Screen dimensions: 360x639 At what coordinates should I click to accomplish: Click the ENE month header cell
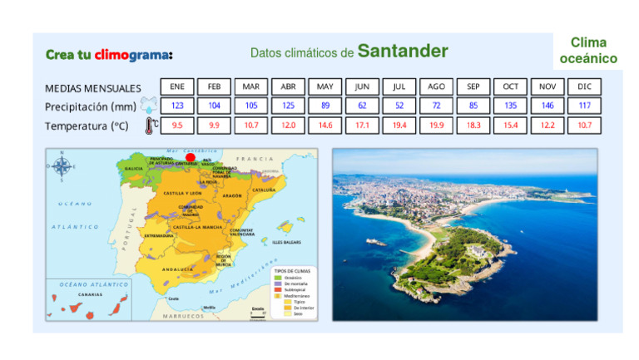pyautogui.click(x=177, y=86)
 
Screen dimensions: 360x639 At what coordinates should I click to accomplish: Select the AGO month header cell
pyautogui.click(x=437, y=86)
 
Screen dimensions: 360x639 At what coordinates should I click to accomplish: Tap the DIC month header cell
pyautogui.click(x=584, y=86)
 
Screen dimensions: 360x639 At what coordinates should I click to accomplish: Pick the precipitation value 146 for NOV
pyautogui.click(x=547, y=106)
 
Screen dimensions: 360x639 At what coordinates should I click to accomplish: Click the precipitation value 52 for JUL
pyautogui.click(x=399, y=106)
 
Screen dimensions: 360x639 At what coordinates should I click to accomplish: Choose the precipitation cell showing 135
pyautogui.click(x=510, y=106)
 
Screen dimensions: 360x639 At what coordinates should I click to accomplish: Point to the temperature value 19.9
pyautogui.click(x=437, y=125)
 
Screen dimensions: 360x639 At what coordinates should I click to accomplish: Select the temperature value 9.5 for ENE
pyautogui.click(x=177, y=125)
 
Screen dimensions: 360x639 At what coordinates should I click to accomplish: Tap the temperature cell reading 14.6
pyautogui.click(x=325, y=125)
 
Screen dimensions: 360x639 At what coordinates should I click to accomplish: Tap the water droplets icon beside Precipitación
pyautogui.click(x=149, y=106)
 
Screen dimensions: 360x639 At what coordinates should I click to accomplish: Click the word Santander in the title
pyautogui.click(x=403, y=52)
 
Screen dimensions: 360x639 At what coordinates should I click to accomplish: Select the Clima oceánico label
pyautogui.click(x=588, y=51)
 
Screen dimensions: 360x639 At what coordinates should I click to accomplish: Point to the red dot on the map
pyautogui.click(x=191, y=156)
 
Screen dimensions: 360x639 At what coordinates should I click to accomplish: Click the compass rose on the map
pyautogui.click(x=62, y=165)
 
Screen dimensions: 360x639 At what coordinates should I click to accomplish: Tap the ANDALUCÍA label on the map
pyautogui.click(x=177, y=269)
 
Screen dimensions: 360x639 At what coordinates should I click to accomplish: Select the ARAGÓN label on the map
pyautogui.click(x=233, y=195)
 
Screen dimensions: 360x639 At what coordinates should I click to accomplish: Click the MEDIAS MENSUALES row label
pyautogui.click(x=93, y=87)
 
